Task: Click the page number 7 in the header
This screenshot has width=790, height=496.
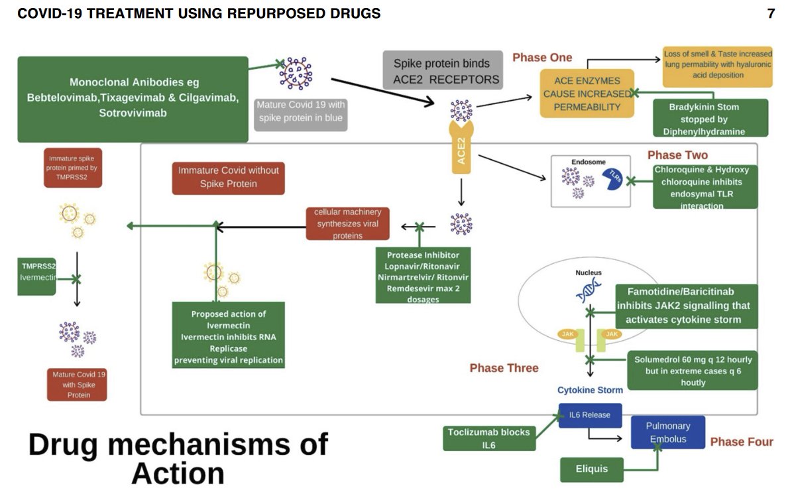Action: point(771,13)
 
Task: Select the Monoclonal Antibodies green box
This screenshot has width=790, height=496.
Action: point(133,99)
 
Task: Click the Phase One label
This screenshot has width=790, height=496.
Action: point(542,58)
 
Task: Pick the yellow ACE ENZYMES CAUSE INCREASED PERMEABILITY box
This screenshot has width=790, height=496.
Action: point(587,93)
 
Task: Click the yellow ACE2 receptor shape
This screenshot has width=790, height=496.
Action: point(461,148)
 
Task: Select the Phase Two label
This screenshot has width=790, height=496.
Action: point(677,155)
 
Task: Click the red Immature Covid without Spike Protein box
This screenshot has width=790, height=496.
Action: point(228,177)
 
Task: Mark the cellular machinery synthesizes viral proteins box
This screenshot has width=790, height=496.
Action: point(347,223)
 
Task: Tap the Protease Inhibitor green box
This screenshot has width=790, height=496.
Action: point(423,275)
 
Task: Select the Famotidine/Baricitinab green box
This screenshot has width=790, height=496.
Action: point(687,306)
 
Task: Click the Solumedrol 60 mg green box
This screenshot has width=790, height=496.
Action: point(693,371)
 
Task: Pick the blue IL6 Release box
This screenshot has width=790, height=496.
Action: point(590,416)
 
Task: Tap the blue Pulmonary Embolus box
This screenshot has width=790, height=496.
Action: point(667,432)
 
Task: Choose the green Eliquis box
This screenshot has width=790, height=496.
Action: point(592,469)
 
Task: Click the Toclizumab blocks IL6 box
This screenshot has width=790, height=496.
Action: point(488,438)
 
